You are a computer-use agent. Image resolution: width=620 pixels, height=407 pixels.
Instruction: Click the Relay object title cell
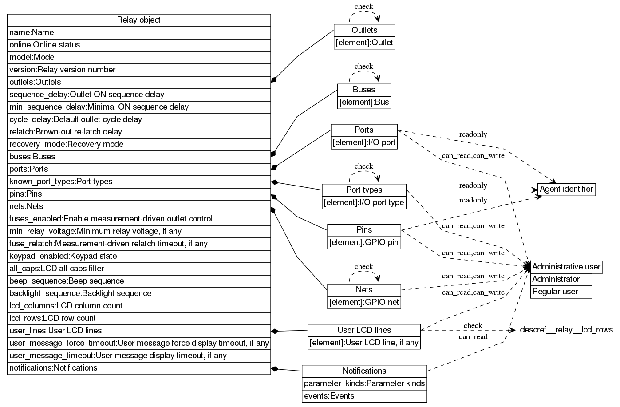(138, 20)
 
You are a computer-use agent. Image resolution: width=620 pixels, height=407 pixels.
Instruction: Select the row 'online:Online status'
(138, 45)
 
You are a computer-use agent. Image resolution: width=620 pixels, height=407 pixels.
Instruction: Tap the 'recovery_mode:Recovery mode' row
(138, 144)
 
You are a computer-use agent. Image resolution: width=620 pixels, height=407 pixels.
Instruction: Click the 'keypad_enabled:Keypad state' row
(138, 256)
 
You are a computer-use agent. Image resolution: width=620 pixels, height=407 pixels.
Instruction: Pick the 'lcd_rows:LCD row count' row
(138, 318)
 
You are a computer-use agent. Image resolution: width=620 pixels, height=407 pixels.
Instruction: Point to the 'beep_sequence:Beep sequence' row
(138, 281)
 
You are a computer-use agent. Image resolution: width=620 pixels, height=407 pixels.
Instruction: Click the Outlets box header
(364, 30)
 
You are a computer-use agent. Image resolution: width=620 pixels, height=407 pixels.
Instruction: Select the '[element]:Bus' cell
(364, 102)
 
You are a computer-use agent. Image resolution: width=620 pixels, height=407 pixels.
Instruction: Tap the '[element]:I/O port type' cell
(364, 202)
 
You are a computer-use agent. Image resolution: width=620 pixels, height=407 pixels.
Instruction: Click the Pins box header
(364, 230)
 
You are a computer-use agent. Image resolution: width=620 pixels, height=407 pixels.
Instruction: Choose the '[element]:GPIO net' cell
(364, 302)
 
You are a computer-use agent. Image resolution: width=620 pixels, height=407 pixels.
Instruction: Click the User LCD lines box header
(364, 330)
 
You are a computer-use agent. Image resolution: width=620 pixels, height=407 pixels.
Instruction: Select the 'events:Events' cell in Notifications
(364, 396)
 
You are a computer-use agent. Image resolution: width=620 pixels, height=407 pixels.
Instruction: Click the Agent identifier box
(566, 189)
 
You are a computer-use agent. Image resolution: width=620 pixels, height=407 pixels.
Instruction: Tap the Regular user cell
(561, 292)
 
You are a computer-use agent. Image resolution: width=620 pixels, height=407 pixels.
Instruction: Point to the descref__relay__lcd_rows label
(566, 330)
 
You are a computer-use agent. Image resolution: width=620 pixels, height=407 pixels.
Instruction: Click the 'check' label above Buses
(363, 67)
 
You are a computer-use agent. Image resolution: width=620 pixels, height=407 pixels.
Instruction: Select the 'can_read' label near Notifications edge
(473, 337)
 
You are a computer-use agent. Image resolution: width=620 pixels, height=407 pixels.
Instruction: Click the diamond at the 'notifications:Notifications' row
(275, 368)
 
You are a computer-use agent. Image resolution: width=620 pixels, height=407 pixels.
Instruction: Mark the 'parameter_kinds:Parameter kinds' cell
(364, 383)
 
